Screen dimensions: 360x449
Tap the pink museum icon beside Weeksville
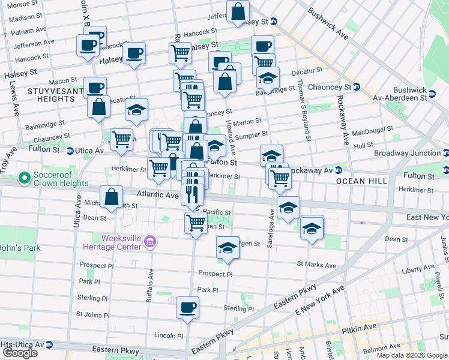150,242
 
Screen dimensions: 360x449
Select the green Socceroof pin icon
25,178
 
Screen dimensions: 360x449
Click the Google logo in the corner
20,352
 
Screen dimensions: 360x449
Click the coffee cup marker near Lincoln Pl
187,307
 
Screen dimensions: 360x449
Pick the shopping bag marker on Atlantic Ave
112,196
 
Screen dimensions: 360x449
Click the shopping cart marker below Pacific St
196,223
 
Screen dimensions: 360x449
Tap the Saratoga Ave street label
271,220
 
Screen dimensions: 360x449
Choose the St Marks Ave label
316,265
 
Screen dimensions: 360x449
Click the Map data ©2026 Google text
412,355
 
